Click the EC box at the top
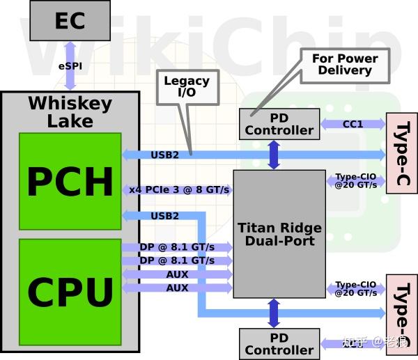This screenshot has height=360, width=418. [70, 20]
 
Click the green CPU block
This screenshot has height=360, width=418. [70, 291]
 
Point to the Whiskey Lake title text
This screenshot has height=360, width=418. [70, 112]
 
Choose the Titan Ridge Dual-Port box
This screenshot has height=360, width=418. [279, 234]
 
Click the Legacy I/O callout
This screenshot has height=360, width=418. [186, 88]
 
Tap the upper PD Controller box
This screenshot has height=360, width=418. [279, 124]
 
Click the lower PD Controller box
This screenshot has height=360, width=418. [279, 344]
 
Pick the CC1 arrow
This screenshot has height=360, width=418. [353, 124]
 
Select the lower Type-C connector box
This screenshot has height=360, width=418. [401, 313]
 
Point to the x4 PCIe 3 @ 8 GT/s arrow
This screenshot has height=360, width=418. [177, 189]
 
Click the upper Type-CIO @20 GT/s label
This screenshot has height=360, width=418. [356, 181]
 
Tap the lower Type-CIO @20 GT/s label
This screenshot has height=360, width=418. [356, 289]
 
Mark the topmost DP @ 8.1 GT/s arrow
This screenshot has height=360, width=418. [177, 247]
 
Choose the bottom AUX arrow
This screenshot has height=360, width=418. [177, 288]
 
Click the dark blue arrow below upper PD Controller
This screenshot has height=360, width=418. [273, 155]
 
